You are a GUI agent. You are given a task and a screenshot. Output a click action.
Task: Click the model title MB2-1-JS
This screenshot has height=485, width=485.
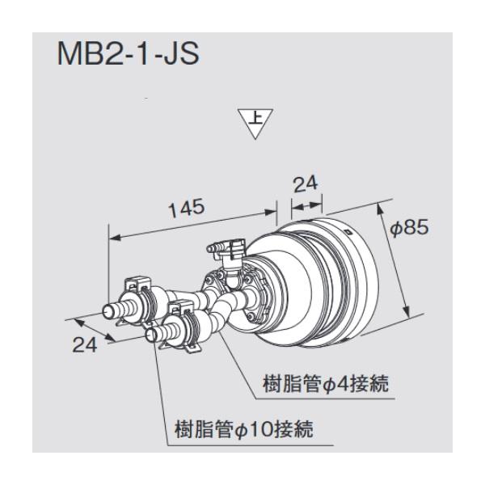(x=128, y=54)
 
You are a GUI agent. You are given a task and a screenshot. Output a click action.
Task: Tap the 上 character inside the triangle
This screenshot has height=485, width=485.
(x=255, y=119)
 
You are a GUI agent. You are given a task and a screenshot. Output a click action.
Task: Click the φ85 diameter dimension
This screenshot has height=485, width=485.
(x=409, y=228)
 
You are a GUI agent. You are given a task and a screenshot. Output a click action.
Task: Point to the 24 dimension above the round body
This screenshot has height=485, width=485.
(x=306, y=184)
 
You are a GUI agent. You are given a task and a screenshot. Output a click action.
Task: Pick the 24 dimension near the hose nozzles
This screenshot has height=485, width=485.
(x=84, y=345)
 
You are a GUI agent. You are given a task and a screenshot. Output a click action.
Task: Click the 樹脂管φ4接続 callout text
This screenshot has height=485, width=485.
(x=326, y=384)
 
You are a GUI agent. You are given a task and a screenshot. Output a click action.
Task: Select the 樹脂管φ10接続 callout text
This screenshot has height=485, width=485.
(x=244, y=429)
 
